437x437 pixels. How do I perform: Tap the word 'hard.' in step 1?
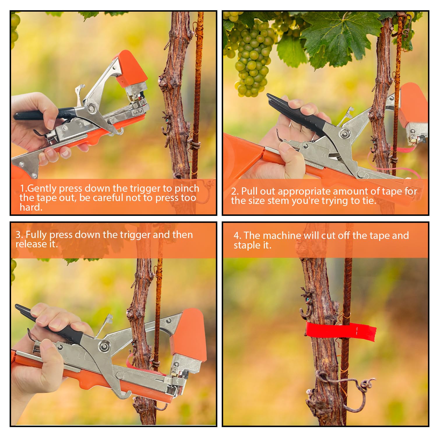click(x=31, y=207)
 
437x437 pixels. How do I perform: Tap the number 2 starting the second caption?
click(x=234, y=191)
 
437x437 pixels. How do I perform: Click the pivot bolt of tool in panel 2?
click(x=344, y=134)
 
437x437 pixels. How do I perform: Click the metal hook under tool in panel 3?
click(x=124, y=395)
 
